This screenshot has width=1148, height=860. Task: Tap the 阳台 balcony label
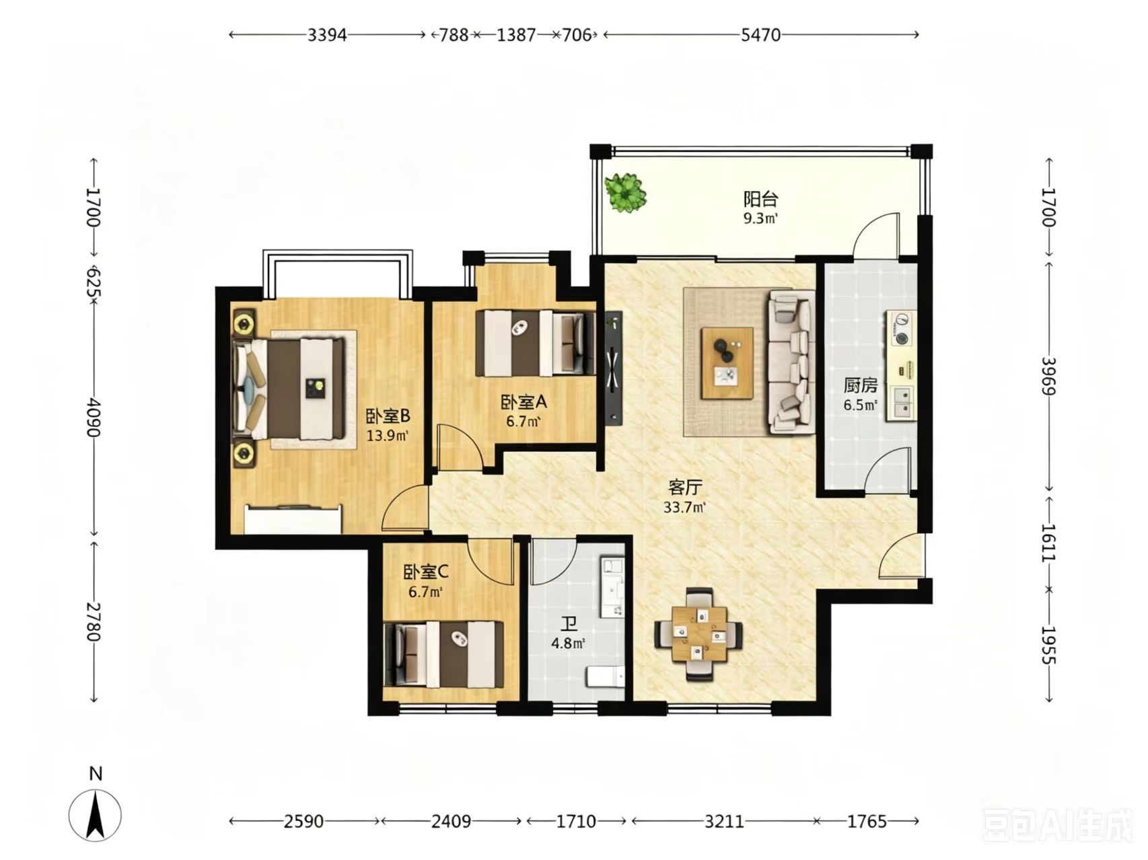tap(760, 199)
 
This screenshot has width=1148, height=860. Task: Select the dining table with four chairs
tap(700, 634)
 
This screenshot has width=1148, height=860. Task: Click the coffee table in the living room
tap(727, 363)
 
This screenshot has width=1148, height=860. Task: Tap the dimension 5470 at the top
tap(760, 35)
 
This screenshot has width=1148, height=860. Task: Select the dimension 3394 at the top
tap(327, 35)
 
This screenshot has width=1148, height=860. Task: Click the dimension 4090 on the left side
tap(94, 418)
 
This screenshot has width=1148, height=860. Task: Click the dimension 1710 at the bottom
tap(577, 821)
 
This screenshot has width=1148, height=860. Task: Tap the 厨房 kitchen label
tap(861, 386)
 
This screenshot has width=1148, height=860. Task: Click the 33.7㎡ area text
tap(684, 508)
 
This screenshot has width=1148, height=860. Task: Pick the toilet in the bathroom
tap(606, 676)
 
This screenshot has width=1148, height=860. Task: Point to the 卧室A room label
tap(524, 403)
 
